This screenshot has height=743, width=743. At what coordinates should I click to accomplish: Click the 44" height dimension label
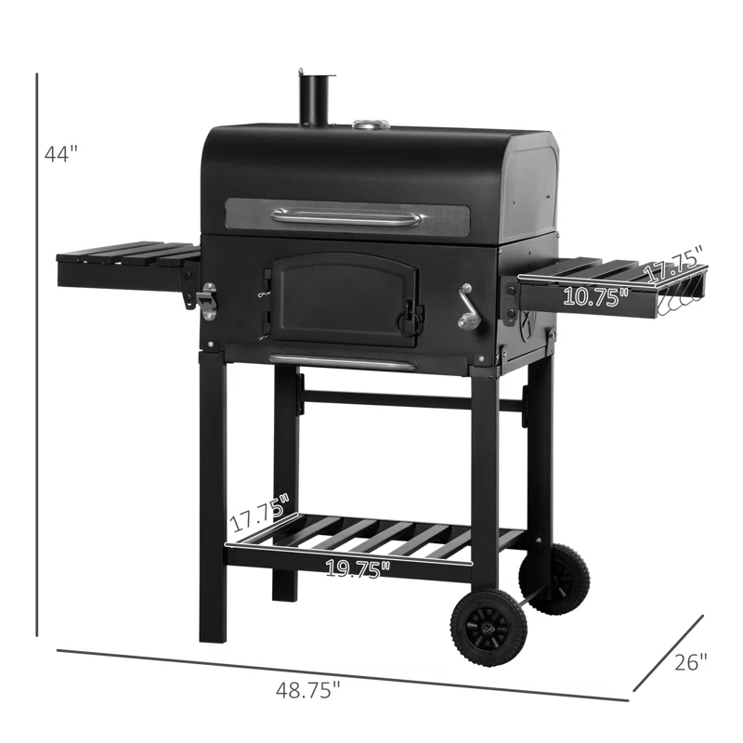tap(60, 154)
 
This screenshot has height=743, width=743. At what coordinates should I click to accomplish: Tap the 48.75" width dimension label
tap(308, 690)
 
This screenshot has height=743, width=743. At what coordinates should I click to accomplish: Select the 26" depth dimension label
tap(690, 662)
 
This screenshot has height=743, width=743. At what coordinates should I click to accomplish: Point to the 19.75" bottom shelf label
tap(358, 568)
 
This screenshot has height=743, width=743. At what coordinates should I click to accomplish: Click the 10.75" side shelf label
tap(595, 296)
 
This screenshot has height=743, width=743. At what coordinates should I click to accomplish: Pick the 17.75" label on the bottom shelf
tap(260, 513)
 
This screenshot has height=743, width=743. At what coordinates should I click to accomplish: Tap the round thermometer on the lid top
tap(371, 124)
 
